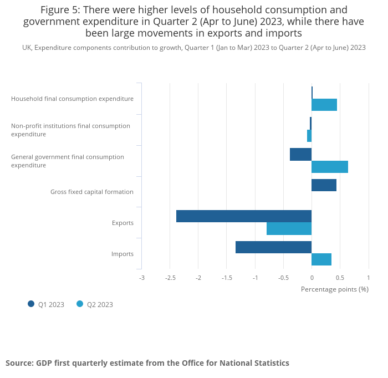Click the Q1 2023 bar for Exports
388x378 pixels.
click(x=244, y=216)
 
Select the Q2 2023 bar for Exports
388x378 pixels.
click(x=289, y=228)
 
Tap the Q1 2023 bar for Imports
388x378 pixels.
click(x=273, y=247)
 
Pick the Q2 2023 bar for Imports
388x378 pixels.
click(x=321, y=259)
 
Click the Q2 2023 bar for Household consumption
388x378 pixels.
click(x=324, y=105)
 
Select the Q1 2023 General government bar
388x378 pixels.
click(x=300, y=154)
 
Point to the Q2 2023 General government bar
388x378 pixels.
click(x=330, y=167)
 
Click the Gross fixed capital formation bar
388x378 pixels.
click(x=324, y=185)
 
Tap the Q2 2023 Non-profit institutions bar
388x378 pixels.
click(x=309, y=136)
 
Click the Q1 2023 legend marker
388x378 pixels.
click(x=31, y=304)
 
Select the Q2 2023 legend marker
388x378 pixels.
click(x=80, y=304)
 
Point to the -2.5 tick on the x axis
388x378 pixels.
click(x=170, y=278)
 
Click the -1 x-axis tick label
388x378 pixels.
click(x=255, y=278)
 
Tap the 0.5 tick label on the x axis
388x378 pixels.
click(x=340, y=278)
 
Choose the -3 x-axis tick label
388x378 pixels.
click(x=141, y=278)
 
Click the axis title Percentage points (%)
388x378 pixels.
click(x=334, y=289)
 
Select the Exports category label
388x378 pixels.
click(x=122, y=223)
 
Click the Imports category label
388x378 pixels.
click(x=122, y=254)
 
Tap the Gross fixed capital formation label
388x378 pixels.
click(x=92, y=192)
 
